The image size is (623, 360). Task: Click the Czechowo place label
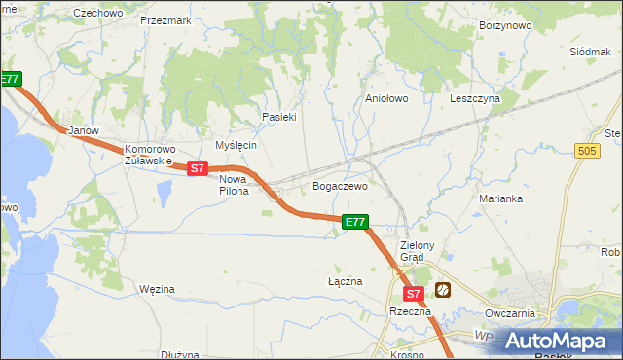coord(98,13)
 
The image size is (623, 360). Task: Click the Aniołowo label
coord(385,98)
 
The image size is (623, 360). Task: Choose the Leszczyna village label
coord(474,98)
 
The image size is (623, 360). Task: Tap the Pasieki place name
coord(278,117)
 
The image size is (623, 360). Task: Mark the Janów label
coord(78,130)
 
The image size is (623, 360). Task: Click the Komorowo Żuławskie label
coord(148,156)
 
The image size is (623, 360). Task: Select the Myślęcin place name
coord(236,145)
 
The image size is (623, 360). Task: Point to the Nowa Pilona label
coord(234,185)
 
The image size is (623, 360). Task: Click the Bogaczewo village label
coord(339,185)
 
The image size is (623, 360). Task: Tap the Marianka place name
coord(501,198)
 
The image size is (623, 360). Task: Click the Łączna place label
coord(345,281)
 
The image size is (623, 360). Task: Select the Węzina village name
coord(156,289)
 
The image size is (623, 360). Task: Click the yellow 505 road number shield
coord(587,151)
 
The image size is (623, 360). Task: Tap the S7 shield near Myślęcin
coord(198,168)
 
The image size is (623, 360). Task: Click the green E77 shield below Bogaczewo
coord(355,223)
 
